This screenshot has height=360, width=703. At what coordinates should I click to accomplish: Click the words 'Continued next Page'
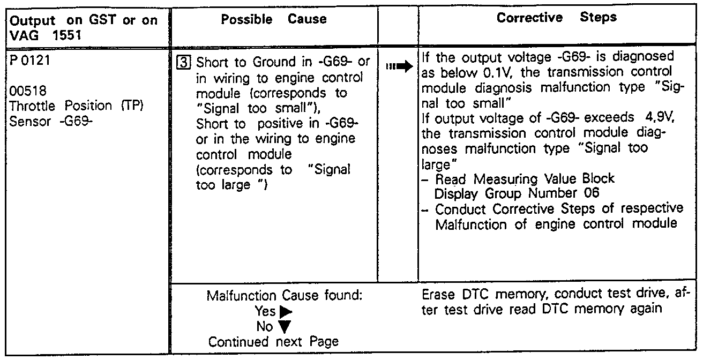click(x=274, y=341)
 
